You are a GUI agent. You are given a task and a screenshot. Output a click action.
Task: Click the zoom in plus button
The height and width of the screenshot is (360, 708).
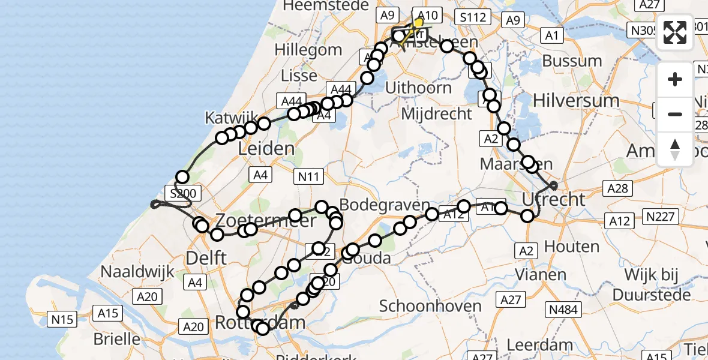pyautogui.click(x=675, y=79)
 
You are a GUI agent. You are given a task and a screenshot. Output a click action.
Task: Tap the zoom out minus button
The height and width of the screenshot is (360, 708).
pyautogui.click(x=675, y=114)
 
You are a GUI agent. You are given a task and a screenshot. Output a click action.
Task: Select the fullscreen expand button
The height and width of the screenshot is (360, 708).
pyautogui.click(x=675, y=33)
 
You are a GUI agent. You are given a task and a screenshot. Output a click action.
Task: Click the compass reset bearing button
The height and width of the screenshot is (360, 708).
pyautogui.click(x=675, y=149)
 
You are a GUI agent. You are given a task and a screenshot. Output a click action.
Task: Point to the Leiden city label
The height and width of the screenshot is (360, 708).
pyautogui.click(x=267, y=148)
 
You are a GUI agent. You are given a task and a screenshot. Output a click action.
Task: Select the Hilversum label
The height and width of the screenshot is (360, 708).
pyautogui.click(x=584, y=100)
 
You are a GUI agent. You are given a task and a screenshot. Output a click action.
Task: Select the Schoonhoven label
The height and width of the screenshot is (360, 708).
pyautogui.click(x=431, y=306)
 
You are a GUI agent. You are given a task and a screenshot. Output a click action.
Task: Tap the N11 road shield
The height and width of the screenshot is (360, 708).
pyautogui.click(x=309, y=176)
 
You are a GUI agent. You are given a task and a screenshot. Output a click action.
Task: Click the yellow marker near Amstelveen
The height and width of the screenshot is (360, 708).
pyautogui.click(x=418, y=23)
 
